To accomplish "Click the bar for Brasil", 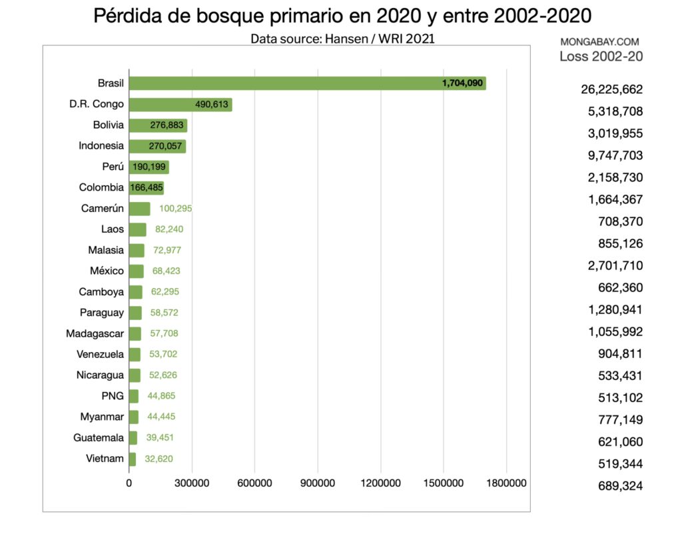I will coord(306,83).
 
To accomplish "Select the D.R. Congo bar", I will coord(180,105).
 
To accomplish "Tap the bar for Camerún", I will coord(139,209).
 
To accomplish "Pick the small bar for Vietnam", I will coord(132,459).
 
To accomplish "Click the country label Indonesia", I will coord(101,146).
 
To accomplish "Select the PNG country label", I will coord(113,396).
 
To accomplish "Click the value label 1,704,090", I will coord(462,83).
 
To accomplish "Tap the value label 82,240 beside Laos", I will coord(169,229).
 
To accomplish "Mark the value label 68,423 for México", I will coord(165,271).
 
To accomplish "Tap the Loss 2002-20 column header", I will coord(601,57).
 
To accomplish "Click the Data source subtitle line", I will coord(342,39).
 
